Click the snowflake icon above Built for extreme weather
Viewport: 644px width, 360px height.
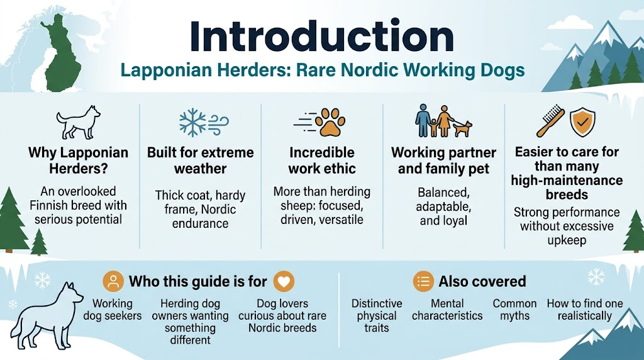(x=192, y=121)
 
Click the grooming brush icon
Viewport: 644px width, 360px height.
(x=550, y=121)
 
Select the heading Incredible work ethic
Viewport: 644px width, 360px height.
(x=322, y=160)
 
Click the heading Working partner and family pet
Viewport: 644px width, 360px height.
(x=443, y=160)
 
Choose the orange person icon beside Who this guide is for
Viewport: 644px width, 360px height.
(x=113, y=281)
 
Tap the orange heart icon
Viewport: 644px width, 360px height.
(x=285, y=281)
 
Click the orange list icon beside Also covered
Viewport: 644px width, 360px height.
(x=423, y=281)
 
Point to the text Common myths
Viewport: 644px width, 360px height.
(x=514, y=309)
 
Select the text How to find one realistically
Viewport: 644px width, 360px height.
(x=585, y=309)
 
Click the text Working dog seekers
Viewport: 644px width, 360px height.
(x=113, y=309)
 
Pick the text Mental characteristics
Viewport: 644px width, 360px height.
(x=447, y=309)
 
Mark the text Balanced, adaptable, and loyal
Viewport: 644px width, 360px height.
(x=443, y=206)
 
